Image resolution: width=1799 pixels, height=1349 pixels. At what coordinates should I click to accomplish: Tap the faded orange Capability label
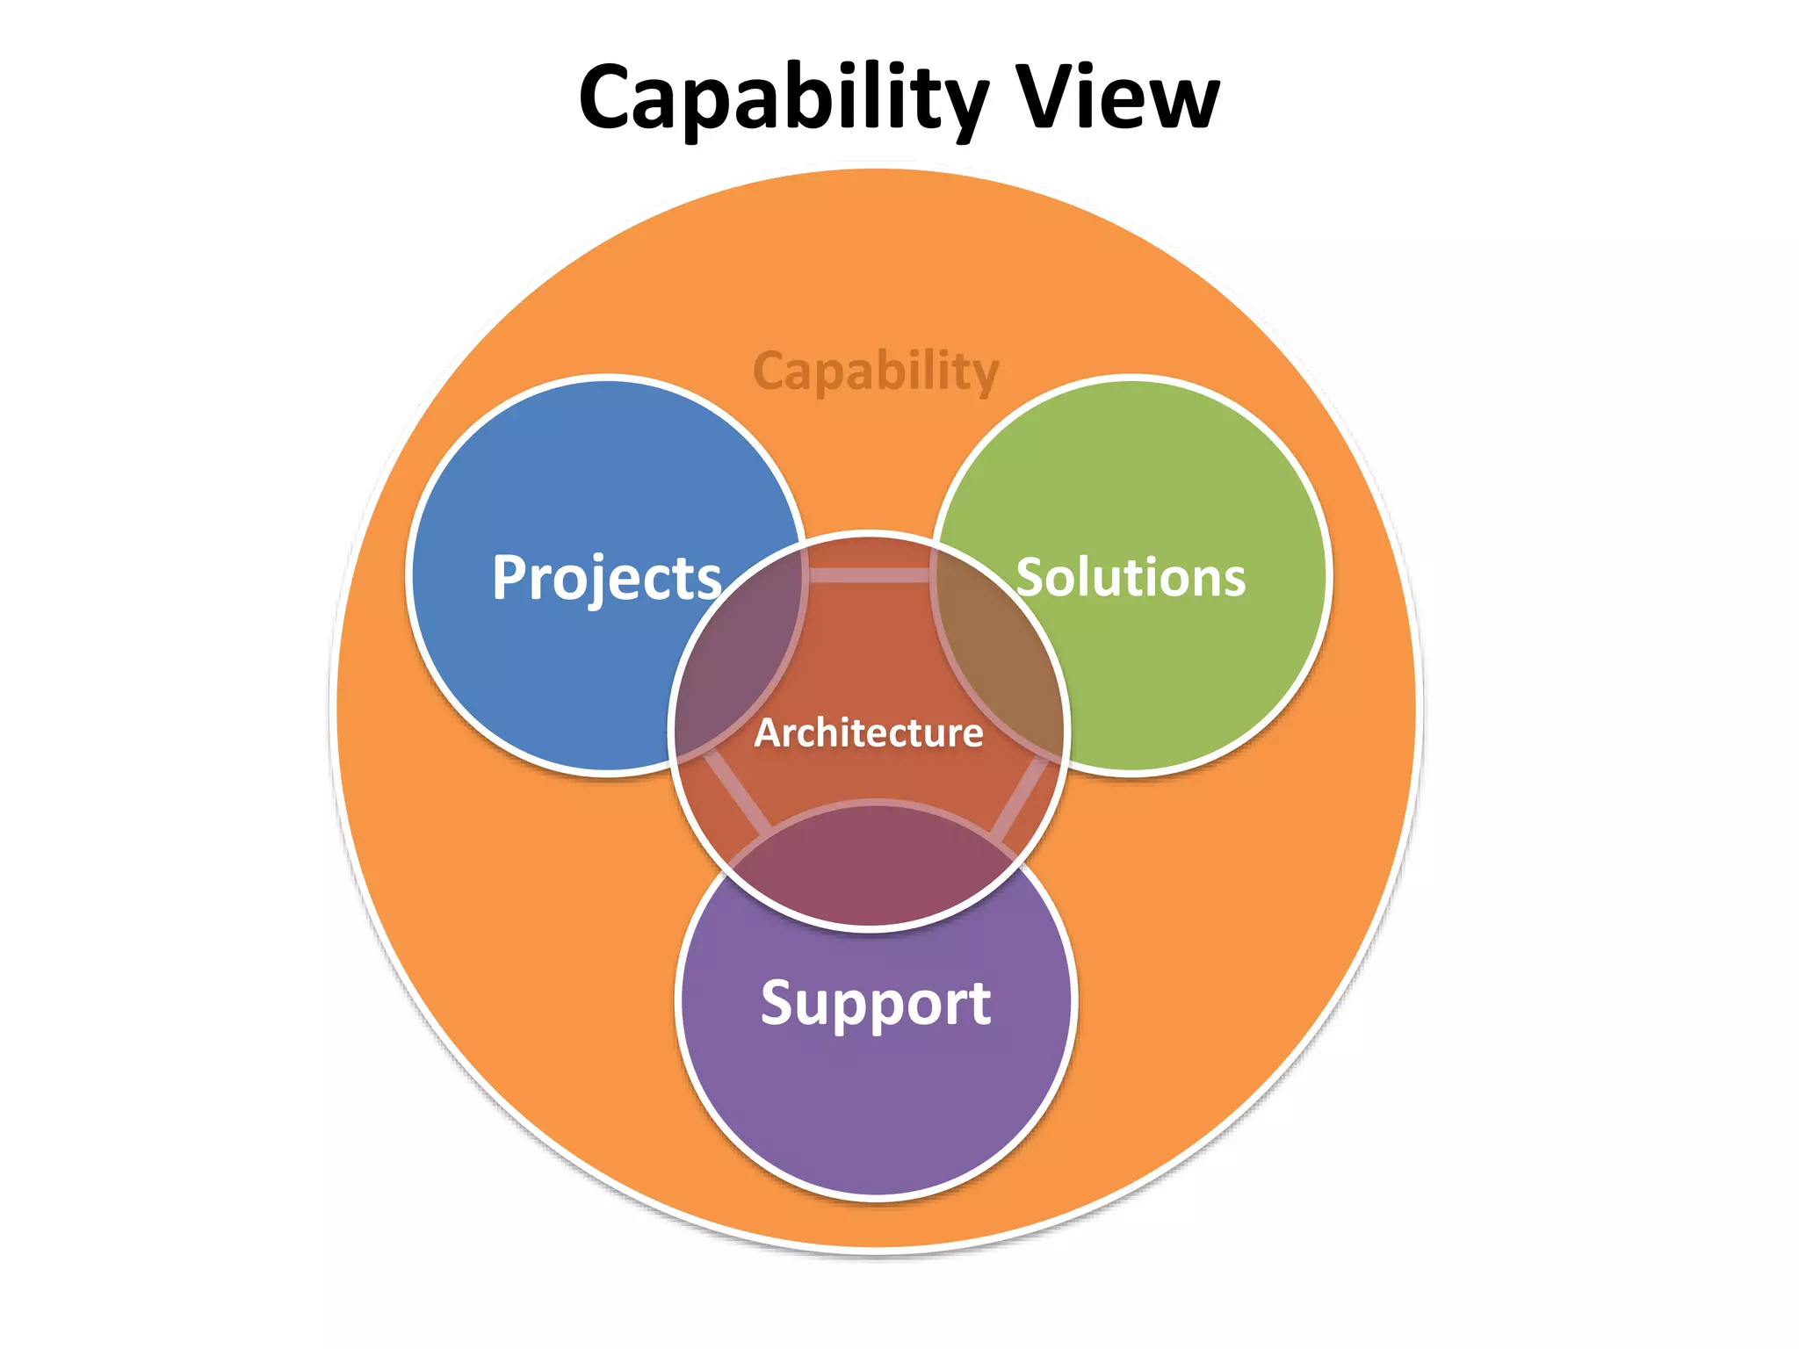click(877, 372)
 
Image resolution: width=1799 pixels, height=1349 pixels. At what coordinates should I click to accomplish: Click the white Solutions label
click(1131, 577)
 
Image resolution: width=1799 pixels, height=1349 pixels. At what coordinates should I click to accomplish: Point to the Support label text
click(876, 1004)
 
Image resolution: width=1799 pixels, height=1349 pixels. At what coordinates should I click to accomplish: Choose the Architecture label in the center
click(869, 732)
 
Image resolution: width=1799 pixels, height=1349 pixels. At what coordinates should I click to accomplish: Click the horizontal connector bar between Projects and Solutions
click(870, 575)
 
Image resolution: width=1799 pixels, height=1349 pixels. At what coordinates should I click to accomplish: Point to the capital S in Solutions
click(1031, 577)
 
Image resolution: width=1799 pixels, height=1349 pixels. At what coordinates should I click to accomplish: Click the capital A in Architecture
click(769, 733)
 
